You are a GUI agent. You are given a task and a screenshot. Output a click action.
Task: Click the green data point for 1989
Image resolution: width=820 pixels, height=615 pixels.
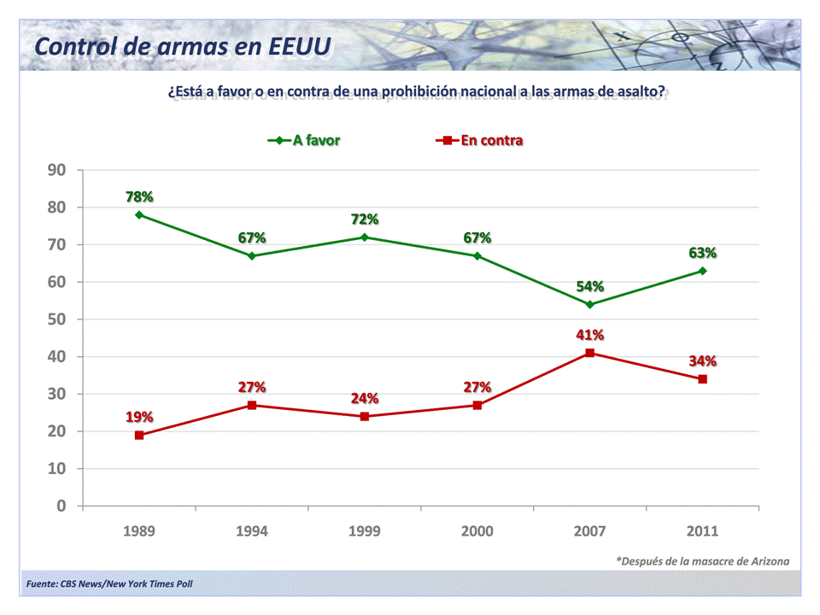(139, 214)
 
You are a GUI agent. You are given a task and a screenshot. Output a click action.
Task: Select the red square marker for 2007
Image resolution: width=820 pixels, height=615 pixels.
(590, 353)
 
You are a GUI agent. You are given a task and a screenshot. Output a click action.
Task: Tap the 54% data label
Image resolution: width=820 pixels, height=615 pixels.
(590, 286)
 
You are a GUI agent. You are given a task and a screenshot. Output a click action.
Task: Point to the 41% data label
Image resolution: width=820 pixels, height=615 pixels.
(590, 334)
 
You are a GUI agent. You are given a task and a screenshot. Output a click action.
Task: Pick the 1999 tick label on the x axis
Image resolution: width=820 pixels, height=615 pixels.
(365, 530)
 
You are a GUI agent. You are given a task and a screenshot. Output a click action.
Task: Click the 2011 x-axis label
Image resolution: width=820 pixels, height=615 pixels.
(703, 530)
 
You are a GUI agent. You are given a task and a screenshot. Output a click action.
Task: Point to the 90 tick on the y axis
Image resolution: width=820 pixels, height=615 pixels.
(56, 170)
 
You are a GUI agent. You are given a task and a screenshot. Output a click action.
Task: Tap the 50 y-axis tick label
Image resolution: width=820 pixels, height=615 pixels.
(56, 319)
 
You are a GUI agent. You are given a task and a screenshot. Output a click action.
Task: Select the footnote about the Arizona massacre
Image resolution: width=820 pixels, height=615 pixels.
(702, 561)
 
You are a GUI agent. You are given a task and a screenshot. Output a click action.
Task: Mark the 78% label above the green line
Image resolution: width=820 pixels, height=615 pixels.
(139, 196)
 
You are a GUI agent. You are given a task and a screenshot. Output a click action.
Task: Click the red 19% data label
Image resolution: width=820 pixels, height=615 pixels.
(139, 417)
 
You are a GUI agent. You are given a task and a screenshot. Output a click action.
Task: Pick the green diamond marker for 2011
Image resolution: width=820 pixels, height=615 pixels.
(703, 271)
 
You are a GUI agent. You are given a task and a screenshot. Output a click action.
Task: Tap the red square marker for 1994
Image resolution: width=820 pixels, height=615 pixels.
(252, 405)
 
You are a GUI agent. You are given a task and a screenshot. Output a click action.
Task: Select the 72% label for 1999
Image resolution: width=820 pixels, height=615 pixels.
(365, 219)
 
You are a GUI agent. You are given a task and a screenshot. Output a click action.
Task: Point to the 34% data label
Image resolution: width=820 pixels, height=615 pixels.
(703, 360)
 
